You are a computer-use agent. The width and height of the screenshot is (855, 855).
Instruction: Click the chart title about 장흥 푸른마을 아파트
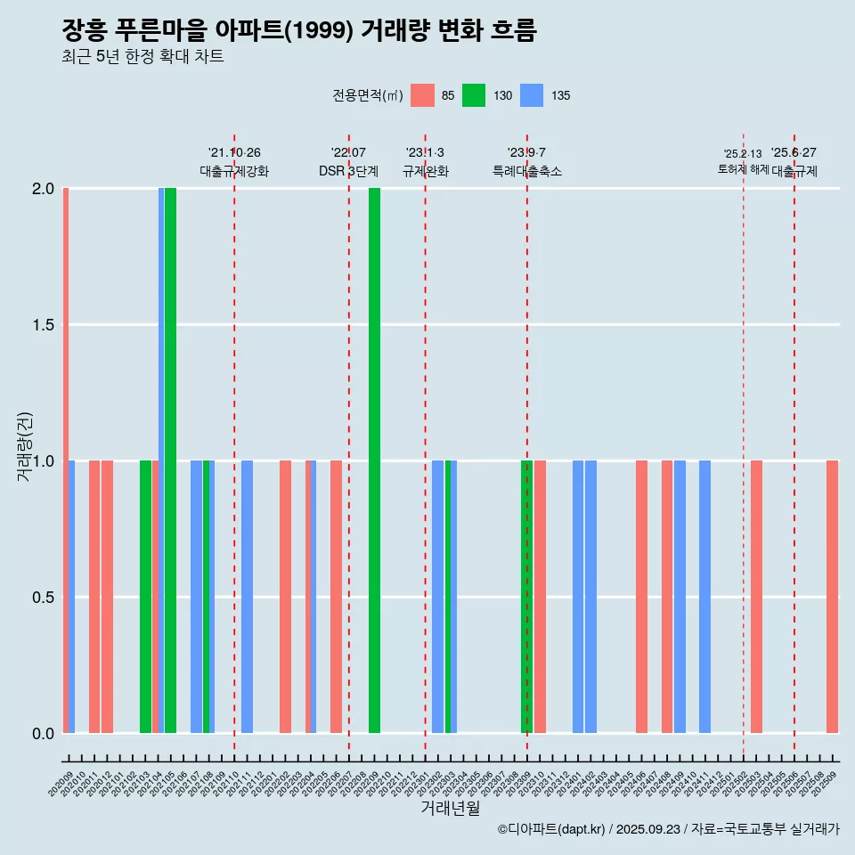tap(299, 31)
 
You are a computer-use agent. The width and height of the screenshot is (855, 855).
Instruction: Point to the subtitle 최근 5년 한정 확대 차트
tap(142, 57)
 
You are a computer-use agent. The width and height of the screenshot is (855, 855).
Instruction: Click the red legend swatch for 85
tap(422, 95)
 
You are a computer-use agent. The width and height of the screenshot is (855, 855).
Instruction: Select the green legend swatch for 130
tap(474, 95)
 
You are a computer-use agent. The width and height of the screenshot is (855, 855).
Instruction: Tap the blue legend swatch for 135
tap(532, 95)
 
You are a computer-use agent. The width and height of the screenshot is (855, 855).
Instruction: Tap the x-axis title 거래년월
tap(450, 809)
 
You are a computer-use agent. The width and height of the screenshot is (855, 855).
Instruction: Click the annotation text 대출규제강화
tap(233, 171)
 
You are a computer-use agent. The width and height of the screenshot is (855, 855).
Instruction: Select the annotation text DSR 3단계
tap(348, 171)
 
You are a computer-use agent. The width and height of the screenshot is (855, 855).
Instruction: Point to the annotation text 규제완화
tap(425, 171)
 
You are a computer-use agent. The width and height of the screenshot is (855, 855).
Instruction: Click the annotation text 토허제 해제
tap(743, 169)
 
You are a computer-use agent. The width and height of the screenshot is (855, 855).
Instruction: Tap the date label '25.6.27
tap(794, 153)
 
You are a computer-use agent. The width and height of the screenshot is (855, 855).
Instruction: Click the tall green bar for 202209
tap(375, 460)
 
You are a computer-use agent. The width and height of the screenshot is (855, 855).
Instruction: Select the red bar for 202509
tap(832, 597)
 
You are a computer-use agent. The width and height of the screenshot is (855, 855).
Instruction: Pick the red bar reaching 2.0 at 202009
tap(66, 460)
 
